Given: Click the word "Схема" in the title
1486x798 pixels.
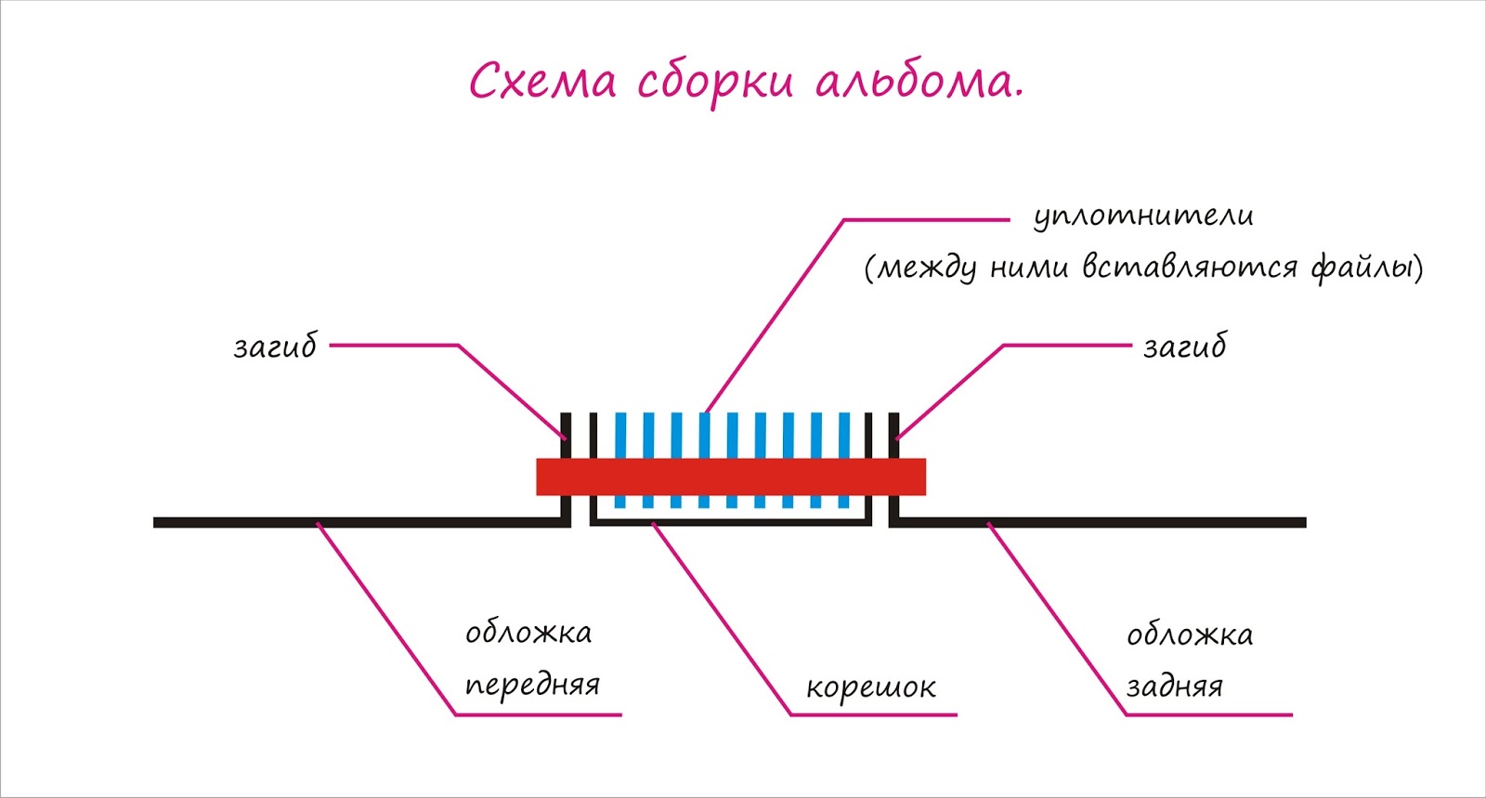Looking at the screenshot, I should pos(542,82).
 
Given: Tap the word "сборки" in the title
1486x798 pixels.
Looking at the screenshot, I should pos(715,82).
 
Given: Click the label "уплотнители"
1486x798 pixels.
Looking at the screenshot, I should pos(1143,216).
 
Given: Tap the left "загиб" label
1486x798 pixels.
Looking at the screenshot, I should pos(275,347).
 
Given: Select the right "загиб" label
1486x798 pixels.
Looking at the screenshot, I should pos(1184,347).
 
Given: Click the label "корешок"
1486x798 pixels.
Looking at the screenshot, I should pos(871,688).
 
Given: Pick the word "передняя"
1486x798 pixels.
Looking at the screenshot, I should pos(532,686).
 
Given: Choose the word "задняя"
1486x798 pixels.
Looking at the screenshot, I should pos(1175,687).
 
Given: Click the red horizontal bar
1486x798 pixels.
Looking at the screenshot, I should pos(731,477).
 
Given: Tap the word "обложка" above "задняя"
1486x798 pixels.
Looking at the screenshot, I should pos(1190,636).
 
